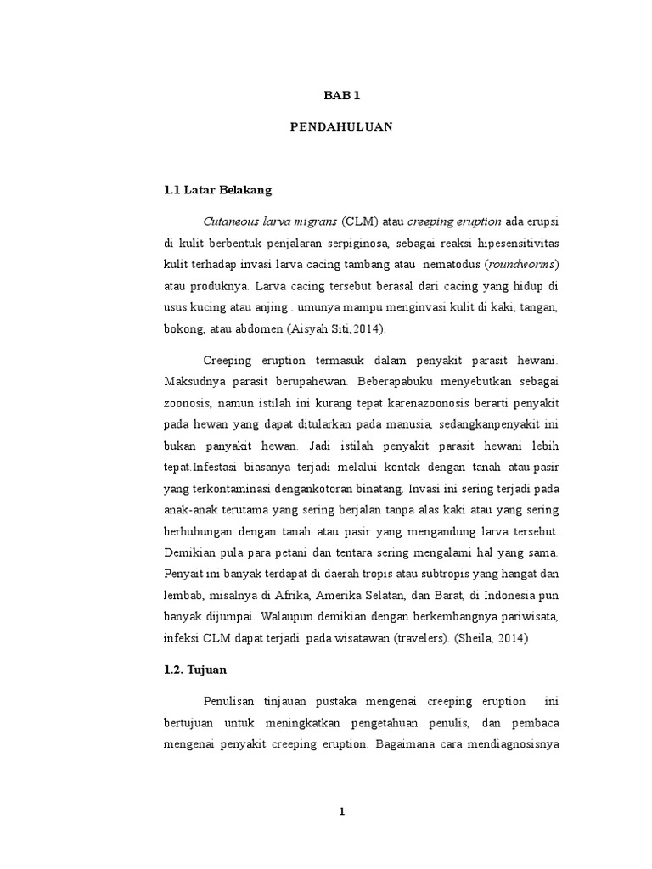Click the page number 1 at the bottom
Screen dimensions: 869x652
pyautogui.click(x=342, y=811)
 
